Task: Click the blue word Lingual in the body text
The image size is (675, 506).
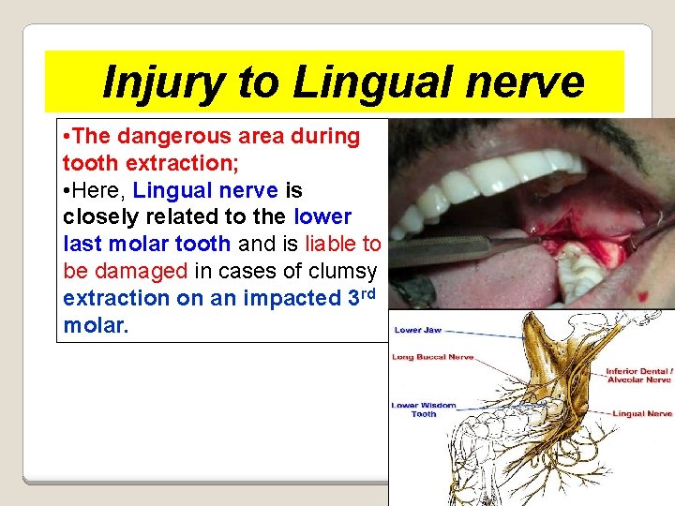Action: point(171,190)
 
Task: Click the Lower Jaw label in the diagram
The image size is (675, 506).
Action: point(417,330)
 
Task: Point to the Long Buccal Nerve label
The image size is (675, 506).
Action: point(432,357)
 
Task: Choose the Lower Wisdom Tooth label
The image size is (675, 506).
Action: point(424,409)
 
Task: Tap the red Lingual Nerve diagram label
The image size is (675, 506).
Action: point(642,413)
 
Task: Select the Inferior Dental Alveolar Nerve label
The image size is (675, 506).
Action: point(638,375)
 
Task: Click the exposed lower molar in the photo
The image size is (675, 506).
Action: point(579,271)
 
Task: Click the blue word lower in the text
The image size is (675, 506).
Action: point(322,217)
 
